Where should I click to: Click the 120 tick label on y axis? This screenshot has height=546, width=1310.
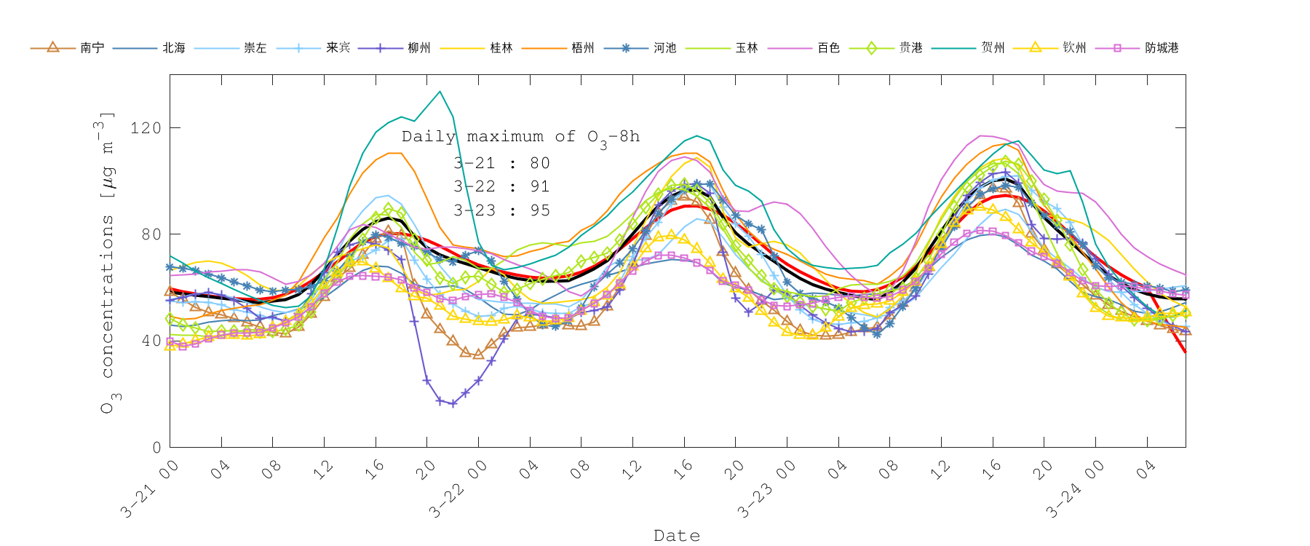pos(146,128)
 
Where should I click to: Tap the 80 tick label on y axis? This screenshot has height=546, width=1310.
pos(151,234)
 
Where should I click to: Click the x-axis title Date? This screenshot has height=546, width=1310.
pos(677,536)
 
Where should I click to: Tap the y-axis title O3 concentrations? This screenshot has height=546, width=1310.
pos(108,262)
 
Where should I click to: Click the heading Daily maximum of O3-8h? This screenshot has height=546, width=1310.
pos(520,137)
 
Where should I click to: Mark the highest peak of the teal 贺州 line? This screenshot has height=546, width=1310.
pos(440,92)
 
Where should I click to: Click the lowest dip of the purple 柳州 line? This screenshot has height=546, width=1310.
pos(453,403)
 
